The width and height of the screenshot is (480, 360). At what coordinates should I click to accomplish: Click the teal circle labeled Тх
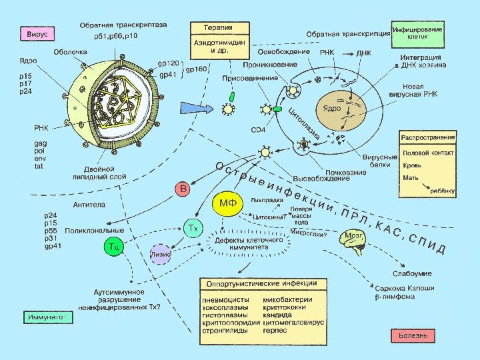(x=193, y=229)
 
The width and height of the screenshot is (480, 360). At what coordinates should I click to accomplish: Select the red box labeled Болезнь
(x=413, y=333)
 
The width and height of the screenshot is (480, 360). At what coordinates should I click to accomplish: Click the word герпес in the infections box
(x=276, y=330)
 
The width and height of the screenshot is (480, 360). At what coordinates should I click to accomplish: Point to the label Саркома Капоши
(x=405, y=289)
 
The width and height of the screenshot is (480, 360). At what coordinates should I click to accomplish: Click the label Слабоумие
(x=412, y=273)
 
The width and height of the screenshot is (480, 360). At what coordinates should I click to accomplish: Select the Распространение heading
(x=427, y=137)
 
